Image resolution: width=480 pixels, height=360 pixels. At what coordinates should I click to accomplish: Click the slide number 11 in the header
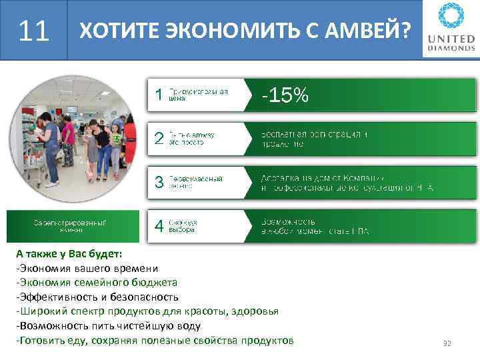pyautogui.click(x=34, y=30)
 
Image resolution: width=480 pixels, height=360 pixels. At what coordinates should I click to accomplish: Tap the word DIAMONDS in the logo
pyautogui.click(x=451, y=48)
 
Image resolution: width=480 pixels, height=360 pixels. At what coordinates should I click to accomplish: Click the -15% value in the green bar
pyautogui.click(x=285, y=96)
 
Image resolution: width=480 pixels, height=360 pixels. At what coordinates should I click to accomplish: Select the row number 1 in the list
pyautogui.click(x=158, y=95)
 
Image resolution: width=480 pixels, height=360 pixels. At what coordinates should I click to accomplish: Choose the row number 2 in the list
pyautogui.click(x=158, y=139)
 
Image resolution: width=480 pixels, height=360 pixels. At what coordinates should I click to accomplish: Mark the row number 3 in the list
pyautogui.click(x=158, y=183)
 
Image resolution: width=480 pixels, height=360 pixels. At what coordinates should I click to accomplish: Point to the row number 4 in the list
pyautogui.click(x=158, y=226)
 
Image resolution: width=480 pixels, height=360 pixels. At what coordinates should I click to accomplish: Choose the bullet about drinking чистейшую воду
pyautogui.click(x=107, y=326)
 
